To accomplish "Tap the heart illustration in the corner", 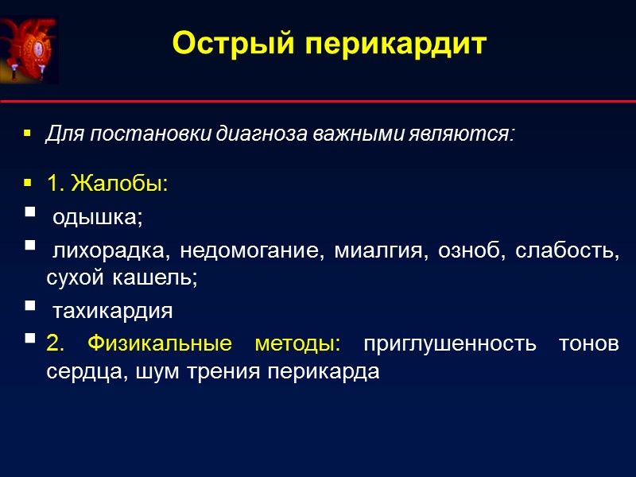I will tap(29, 50).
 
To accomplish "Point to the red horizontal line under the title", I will tap(318, 102).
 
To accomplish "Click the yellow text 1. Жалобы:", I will tap(107, 184).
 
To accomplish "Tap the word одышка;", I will tap(98, 217).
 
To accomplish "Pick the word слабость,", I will tap(568, 253).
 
